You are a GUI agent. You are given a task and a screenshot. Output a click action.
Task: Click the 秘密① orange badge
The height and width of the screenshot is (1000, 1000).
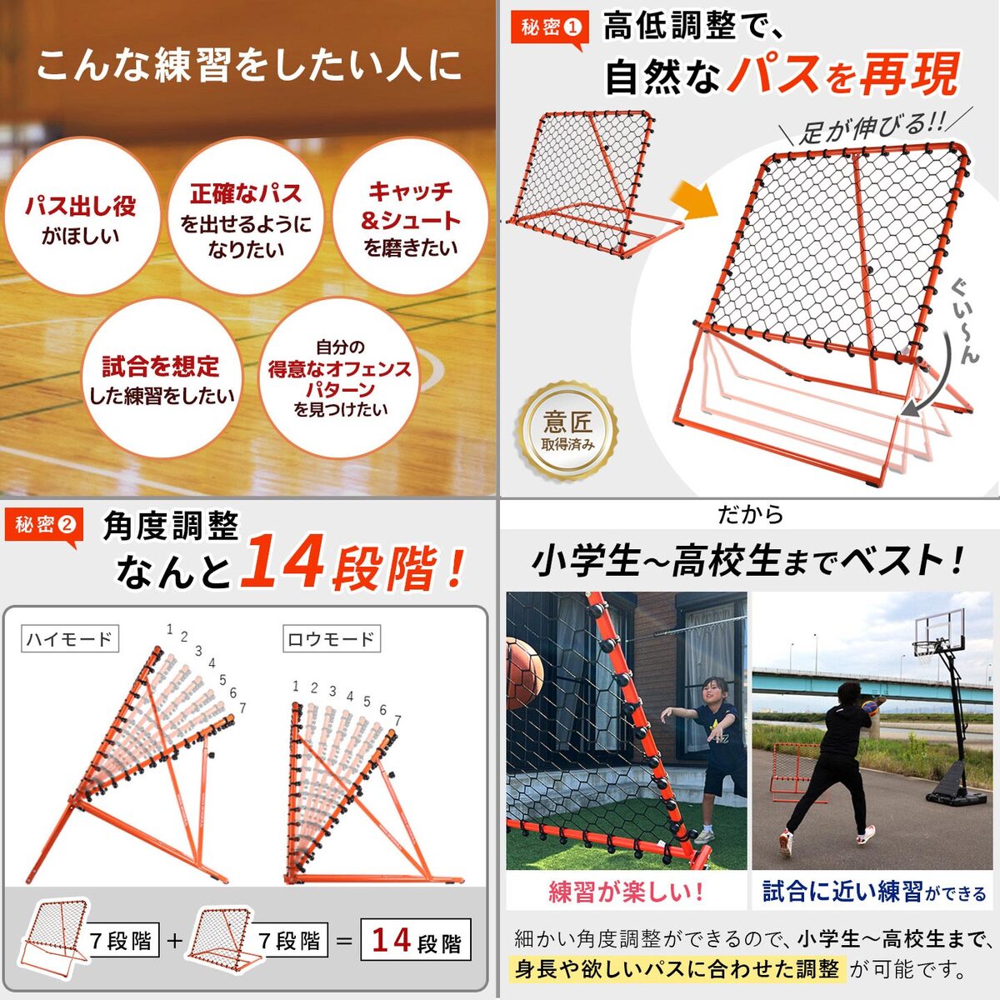point(549,29)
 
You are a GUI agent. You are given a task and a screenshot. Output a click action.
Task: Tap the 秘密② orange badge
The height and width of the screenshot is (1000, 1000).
point(44,527)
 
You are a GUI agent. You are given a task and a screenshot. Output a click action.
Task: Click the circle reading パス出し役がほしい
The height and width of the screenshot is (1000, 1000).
point(81,217)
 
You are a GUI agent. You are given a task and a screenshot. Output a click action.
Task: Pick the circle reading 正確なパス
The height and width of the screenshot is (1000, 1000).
point(246,217)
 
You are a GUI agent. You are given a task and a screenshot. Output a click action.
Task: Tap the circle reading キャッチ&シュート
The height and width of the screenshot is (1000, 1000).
point(410,217)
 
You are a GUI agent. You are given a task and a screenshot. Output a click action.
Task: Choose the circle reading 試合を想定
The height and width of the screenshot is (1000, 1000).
point(162,378)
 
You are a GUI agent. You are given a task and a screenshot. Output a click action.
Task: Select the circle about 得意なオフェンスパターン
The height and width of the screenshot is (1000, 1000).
point(339,378)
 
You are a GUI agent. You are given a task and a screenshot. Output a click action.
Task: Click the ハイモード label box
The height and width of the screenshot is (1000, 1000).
point(69,638)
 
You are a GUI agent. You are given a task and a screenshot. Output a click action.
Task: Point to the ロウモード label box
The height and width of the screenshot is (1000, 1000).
point(331,638)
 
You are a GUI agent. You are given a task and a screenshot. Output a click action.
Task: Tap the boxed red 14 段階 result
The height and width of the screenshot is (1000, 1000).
point(416,940)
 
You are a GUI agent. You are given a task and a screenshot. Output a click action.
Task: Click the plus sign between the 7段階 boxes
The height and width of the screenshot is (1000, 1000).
point(175,940)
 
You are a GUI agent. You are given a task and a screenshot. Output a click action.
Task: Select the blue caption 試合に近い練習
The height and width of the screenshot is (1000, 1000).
point(842,892)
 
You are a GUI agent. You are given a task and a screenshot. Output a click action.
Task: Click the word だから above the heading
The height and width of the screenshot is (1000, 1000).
point(750,514)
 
